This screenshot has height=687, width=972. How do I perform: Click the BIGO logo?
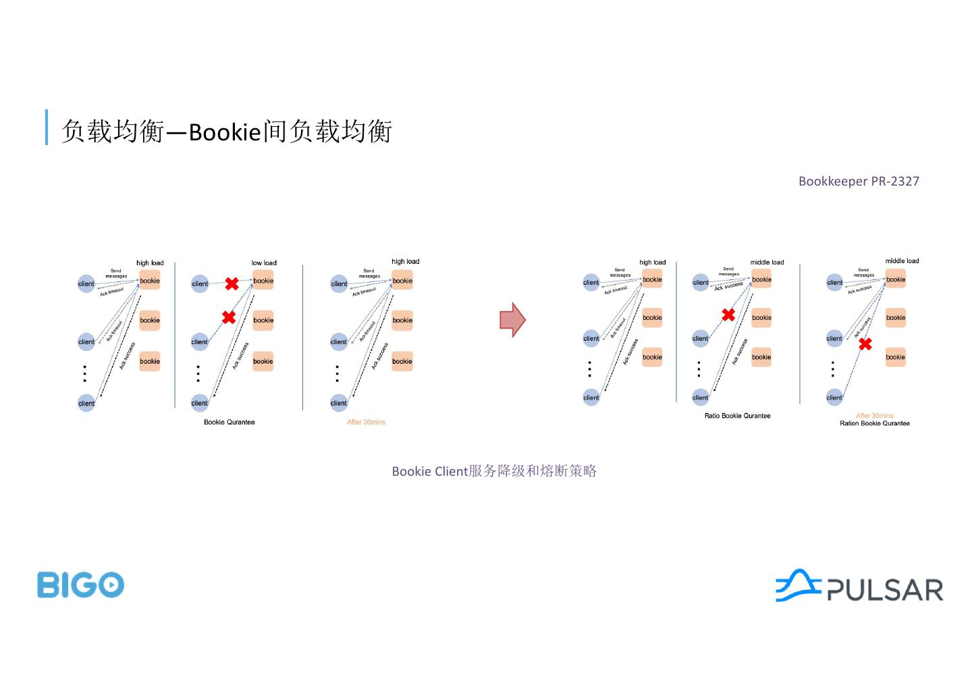80,584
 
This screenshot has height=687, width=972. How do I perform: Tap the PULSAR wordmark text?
885,590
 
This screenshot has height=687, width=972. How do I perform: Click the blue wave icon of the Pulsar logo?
797,584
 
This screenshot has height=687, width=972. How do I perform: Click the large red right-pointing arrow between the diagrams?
512,319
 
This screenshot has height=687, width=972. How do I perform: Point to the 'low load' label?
264,263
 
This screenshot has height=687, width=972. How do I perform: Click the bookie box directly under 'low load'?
263,281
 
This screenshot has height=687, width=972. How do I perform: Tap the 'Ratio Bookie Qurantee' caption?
737,416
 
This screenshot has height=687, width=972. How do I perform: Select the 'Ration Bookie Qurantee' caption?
874,424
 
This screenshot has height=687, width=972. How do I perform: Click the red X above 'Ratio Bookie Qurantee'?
728,314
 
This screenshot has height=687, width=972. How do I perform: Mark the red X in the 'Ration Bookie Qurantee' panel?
865,344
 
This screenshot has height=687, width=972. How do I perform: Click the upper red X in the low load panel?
232,284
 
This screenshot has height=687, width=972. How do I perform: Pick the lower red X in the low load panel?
229,317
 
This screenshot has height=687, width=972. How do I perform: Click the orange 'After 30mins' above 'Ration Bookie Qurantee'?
874,416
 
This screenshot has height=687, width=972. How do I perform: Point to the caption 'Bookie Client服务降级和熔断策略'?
494,471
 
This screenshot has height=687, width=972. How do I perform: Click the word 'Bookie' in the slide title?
224,132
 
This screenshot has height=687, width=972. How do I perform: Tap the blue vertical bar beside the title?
47,127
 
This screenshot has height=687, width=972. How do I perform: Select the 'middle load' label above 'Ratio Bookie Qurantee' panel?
767,263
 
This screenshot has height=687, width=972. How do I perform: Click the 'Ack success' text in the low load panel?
240,356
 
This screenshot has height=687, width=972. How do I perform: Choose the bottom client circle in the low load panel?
200,403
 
